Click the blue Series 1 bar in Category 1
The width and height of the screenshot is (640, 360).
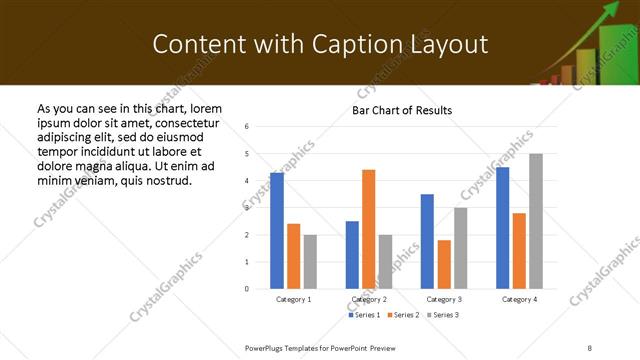pos(277,231)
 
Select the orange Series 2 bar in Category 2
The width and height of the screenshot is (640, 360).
pos(368,229)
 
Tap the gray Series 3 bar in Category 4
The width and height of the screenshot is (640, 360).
pos(536,221)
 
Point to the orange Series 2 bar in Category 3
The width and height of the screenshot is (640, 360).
pos(444,264)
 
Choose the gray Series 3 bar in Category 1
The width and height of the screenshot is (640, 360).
pos(310,262)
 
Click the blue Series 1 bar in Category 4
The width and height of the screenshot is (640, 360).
pos(502,228)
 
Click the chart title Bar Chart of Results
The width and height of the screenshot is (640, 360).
pos(402,110)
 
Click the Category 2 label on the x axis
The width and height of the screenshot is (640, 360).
pos(369,299)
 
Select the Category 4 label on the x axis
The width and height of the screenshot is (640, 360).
pos(519,299)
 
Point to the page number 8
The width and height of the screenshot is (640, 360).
pos(590,347)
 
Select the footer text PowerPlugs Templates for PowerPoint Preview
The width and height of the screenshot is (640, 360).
pos(320,347)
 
